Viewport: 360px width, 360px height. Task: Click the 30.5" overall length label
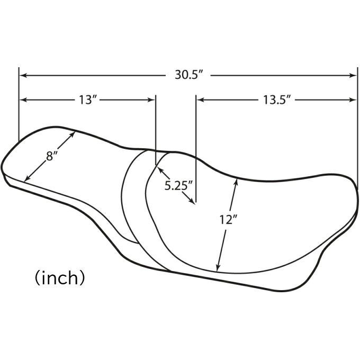[189, 75]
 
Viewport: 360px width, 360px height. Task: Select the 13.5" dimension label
[277, 100]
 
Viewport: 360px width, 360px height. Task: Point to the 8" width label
[51, 156]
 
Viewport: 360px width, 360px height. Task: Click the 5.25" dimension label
[178, 185]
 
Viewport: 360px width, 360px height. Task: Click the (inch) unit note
[60, 277]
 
